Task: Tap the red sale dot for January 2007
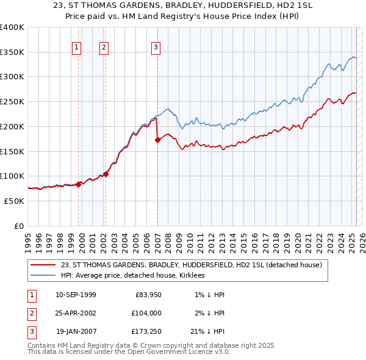(x=157, y=140)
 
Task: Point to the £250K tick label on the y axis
(x=12, y=102)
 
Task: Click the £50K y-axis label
(x=15, y=201)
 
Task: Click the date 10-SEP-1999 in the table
(x=76, y=295)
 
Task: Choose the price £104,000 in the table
(x=146, y=313)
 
